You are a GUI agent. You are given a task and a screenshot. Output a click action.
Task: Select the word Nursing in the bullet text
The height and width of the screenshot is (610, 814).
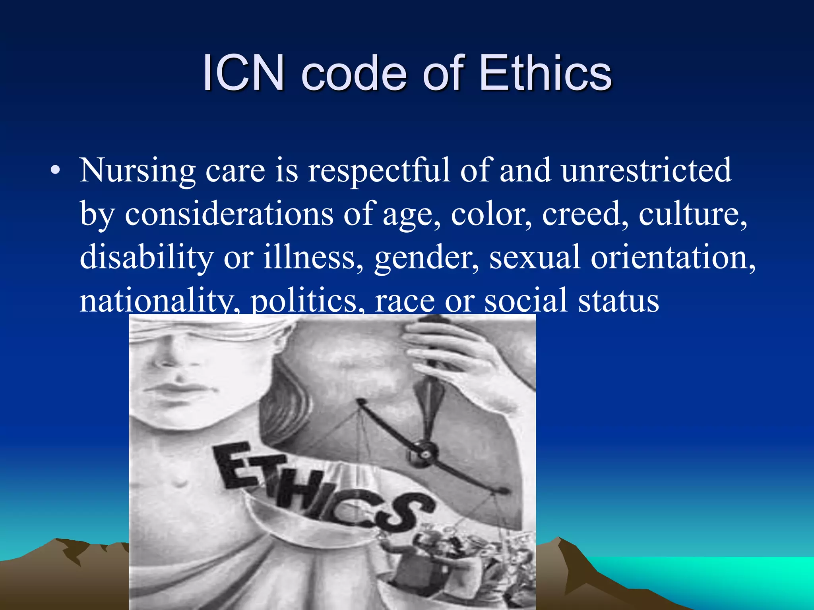[x=137, y=171]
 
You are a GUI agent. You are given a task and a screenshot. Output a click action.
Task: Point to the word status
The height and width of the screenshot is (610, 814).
[x=618, y=301]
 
